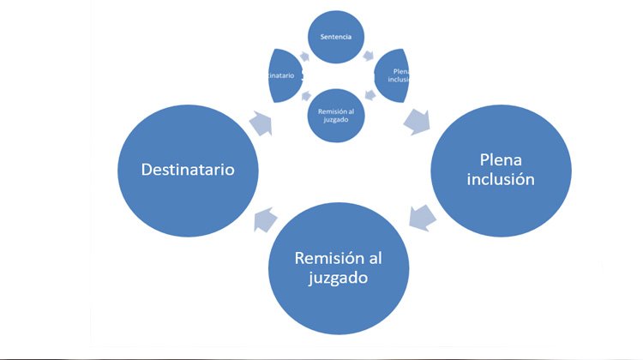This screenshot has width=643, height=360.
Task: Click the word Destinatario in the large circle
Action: click(187, 170)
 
